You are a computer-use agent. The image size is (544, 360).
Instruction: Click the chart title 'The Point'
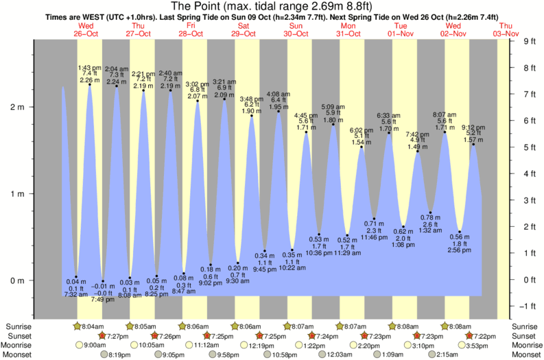(272, 5)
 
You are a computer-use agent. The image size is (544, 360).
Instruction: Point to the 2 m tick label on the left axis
(16, 107)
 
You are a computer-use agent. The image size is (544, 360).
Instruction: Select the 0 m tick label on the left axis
(16, 280)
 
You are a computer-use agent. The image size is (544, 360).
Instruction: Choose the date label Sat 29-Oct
(244, 29)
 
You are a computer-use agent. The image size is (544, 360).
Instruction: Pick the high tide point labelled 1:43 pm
(90, 84)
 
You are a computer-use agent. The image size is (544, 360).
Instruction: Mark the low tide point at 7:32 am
(76, 277)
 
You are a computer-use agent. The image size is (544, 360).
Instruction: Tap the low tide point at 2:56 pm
(460, 232)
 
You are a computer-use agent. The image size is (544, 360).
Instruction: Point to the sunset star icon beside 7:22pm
(469, 336)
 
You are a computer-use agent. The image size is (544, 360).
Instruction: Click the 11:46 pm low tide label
(374, 237)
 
